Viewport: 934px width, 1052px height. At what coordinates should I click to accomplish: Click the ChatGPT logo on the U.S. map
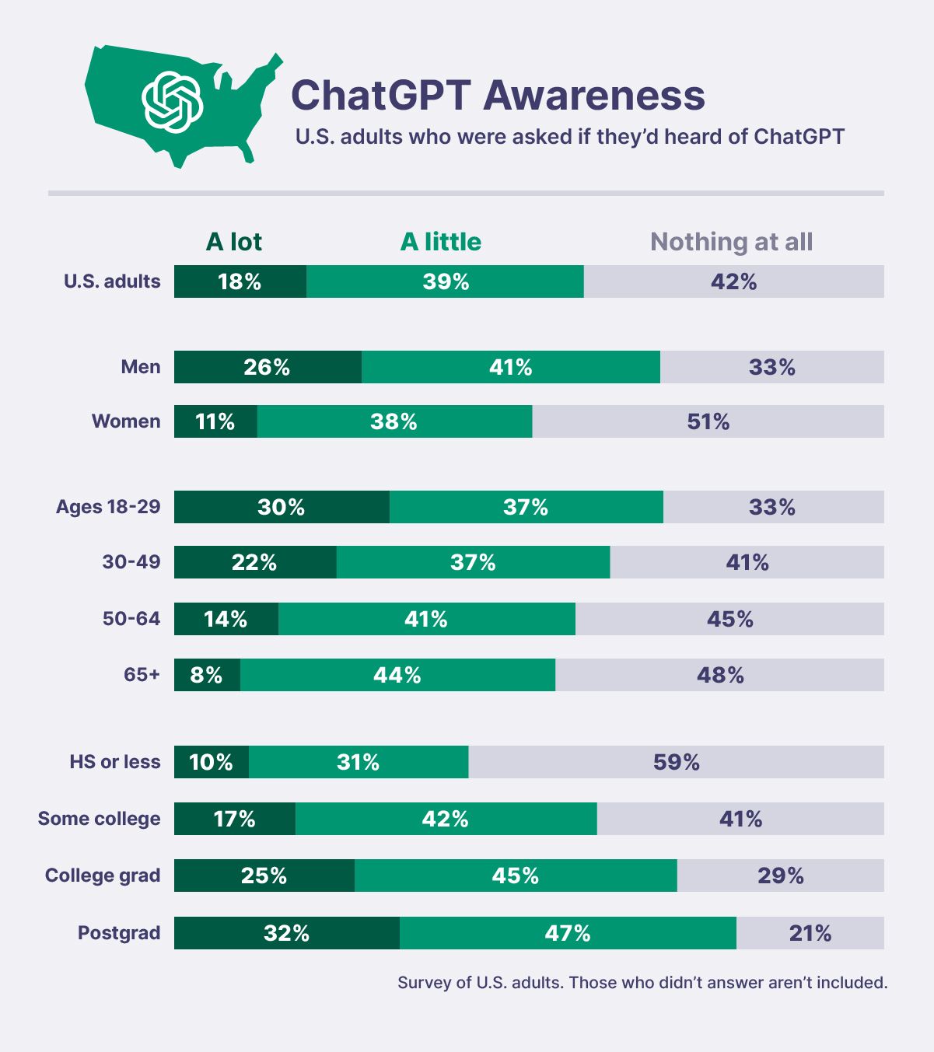pyautogui.click(x=172, y=102)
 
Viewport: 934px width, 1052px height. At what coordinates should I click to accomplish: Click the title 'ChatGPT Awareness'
pyautogui.click(x=498, y=95)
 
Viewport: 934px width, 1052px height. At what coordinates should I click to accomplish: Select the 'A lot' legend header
pyautogui.click(x=233, y=242)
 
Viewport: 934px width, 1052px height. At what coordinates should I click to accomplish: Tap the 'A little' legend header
pyautogui.click(x=440, y=242)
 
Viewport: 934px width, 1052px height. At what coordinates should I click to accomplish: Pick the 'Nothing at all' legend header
pyautogui.click(x=731, y=242)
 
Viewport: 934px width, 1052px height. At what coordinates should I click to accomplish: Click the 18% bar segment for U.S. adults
pyautogui.click(x=240, y=281)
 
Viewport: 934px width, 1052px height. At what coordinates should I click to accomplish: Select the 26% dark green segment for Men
pyautogui.click(x=268, y=367)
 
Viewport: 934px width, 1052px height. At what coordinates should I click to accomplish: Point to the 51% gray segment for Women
pyautogui.click(x=708, y=421)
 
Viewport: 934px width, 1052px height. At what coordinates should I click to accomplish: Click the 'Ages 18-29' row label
pyautogui.click(x=108, y=507)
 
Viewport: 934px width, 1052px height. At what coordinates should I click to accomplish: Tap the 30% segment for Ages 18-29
pyautogui.click(x=282, y=507)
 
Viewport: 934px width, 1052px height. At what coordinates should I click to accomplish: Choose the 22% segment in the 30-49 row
pyautogui.click(x=254, y=562)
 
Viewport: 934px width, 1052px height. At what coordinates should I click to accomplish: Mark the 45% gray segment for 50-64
pyautogui.click(x=729, y=619)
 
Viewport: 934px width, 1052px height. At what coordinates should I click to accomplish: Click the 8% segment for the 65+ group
pyautogui.click(x=207, y=675)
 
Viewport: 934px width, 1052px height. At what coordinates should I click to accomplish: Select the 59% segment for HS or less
pyautogui.click(x=676, y=762)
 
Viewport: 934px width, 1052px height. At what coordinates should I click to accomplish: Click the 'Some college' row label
pyautogui.click(x=99, y=819)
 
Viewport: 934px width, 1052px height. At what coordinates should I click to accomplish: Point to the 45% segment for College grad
pyautogui.click(x=515, y=876)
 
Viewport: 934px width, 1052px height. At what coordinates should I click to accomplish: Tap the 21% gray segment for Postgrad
pyautogui.click(x=810, y=933)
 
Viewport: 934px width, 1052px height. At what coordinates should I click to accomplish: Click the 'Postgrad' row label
pyautogui.click(x=119, y=933)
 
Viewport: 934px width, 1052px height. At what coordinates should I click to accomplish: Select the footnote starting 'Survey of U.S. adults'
pyautogui.click(x=642, y=983)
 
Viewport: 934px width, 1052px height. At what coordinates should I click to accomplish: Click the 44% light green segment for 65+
pyautogui.click(x=397, y=675)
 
